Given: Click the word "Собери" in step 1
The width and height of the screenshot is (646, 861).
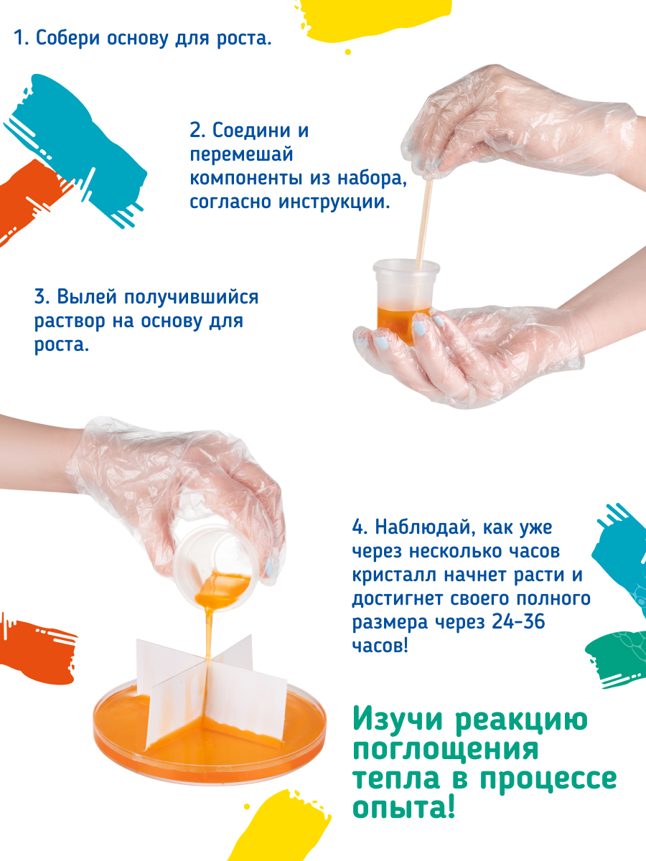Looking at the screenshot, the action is click(67, 39).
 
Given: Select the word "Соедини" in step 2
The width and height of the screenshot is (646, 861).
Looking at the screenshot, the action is click(251, 131).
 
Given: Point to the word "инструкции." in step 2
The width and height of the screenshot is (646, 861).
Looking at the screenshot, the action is click(334, 202).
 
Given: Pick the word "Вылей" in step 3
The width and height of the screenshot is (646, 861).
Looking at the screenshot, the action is click(87, 296).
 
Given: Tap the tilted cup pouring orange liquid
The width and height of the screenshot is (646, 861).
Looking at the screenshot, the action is click(216, 568).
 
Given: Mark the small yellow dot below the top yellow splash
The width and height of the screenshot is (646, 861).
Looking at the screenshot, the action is click(347, 52).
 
